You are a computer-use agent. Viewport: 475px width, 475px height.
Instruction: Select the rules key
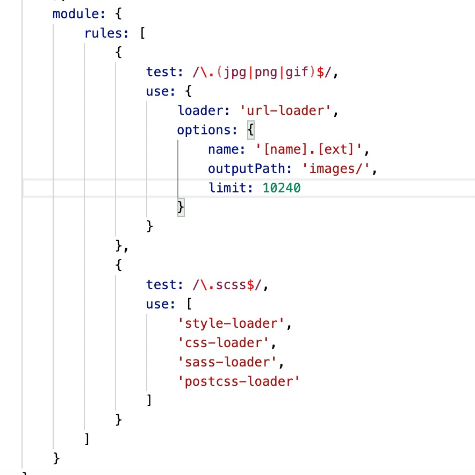pos(103,33)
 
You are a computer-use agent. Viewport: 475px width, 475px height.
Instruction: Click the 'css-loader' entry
pos(224,343)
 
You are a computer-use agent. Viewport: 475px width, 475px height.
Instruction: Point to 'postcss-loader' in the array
pos(239,382)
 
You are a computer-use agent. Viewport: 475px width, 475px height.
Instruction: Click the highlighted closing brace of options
pos(181,207)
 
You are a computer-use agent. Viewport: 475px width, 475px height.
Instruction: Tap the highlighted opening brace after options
pos(250,130)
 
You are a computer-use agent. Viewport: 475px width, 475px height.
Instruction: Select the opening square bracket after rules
pos(142,33)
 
